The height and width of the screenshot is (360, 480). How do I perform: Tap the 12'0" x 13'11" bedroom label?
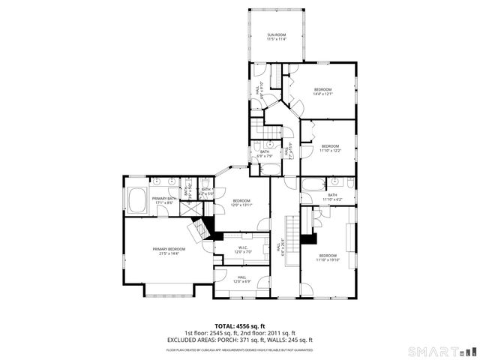[x=241, y=202]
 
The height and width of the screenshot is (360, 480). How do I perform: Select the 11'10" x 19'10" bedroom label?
[x=328, y=258]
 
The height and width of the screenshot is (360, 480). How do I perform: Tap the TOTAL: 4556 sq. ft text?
[x=239, y=326]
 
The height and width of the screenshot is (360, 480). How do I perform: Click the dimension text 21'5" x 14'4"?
[x=169, y=253]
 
